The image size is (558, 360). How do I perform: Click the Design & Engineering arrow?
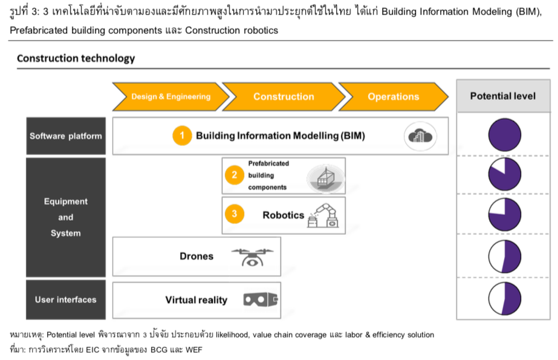click(171, 96)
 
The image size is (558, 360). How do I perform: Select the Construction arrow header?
click(284, 96)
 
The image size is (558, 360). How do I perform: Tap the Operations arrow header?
click(393, 96)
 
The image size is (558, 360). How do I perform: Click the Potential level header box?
click(503, 96)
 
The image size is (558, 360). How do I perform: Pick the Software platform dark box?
click(66, 136)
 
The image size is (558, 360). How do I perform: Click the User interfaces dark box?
click(66, 299)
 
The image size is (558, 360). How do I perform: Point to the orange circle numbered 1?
click(182, 136)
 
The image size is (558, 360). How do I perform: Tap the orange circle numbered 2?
click(234, 175)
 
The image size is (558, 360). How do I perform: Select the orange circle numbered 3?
click(234, 214)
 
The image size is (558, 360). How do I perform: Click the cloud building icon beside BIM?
click(420, 136)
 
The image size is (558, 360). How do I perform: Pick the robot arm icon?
click(323, 215)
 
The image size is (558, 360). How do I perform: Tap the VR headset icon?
click(261, 299)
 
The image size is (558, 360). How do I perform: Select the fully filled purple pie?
click(504, 135)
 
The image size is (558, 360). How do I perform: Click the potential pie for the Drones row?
click(504, 257)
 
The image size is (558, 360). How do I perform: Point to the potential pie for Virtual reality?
click(504, 299)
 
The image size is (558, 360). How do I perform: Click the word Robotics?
click(284, 215)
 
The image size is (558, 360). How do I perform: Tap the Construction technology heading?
click(76, 58)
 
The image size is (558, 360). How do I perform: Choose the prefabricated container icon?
click(326, 178)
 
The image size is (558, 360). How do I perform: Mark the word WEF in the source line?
click(193, 350)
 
